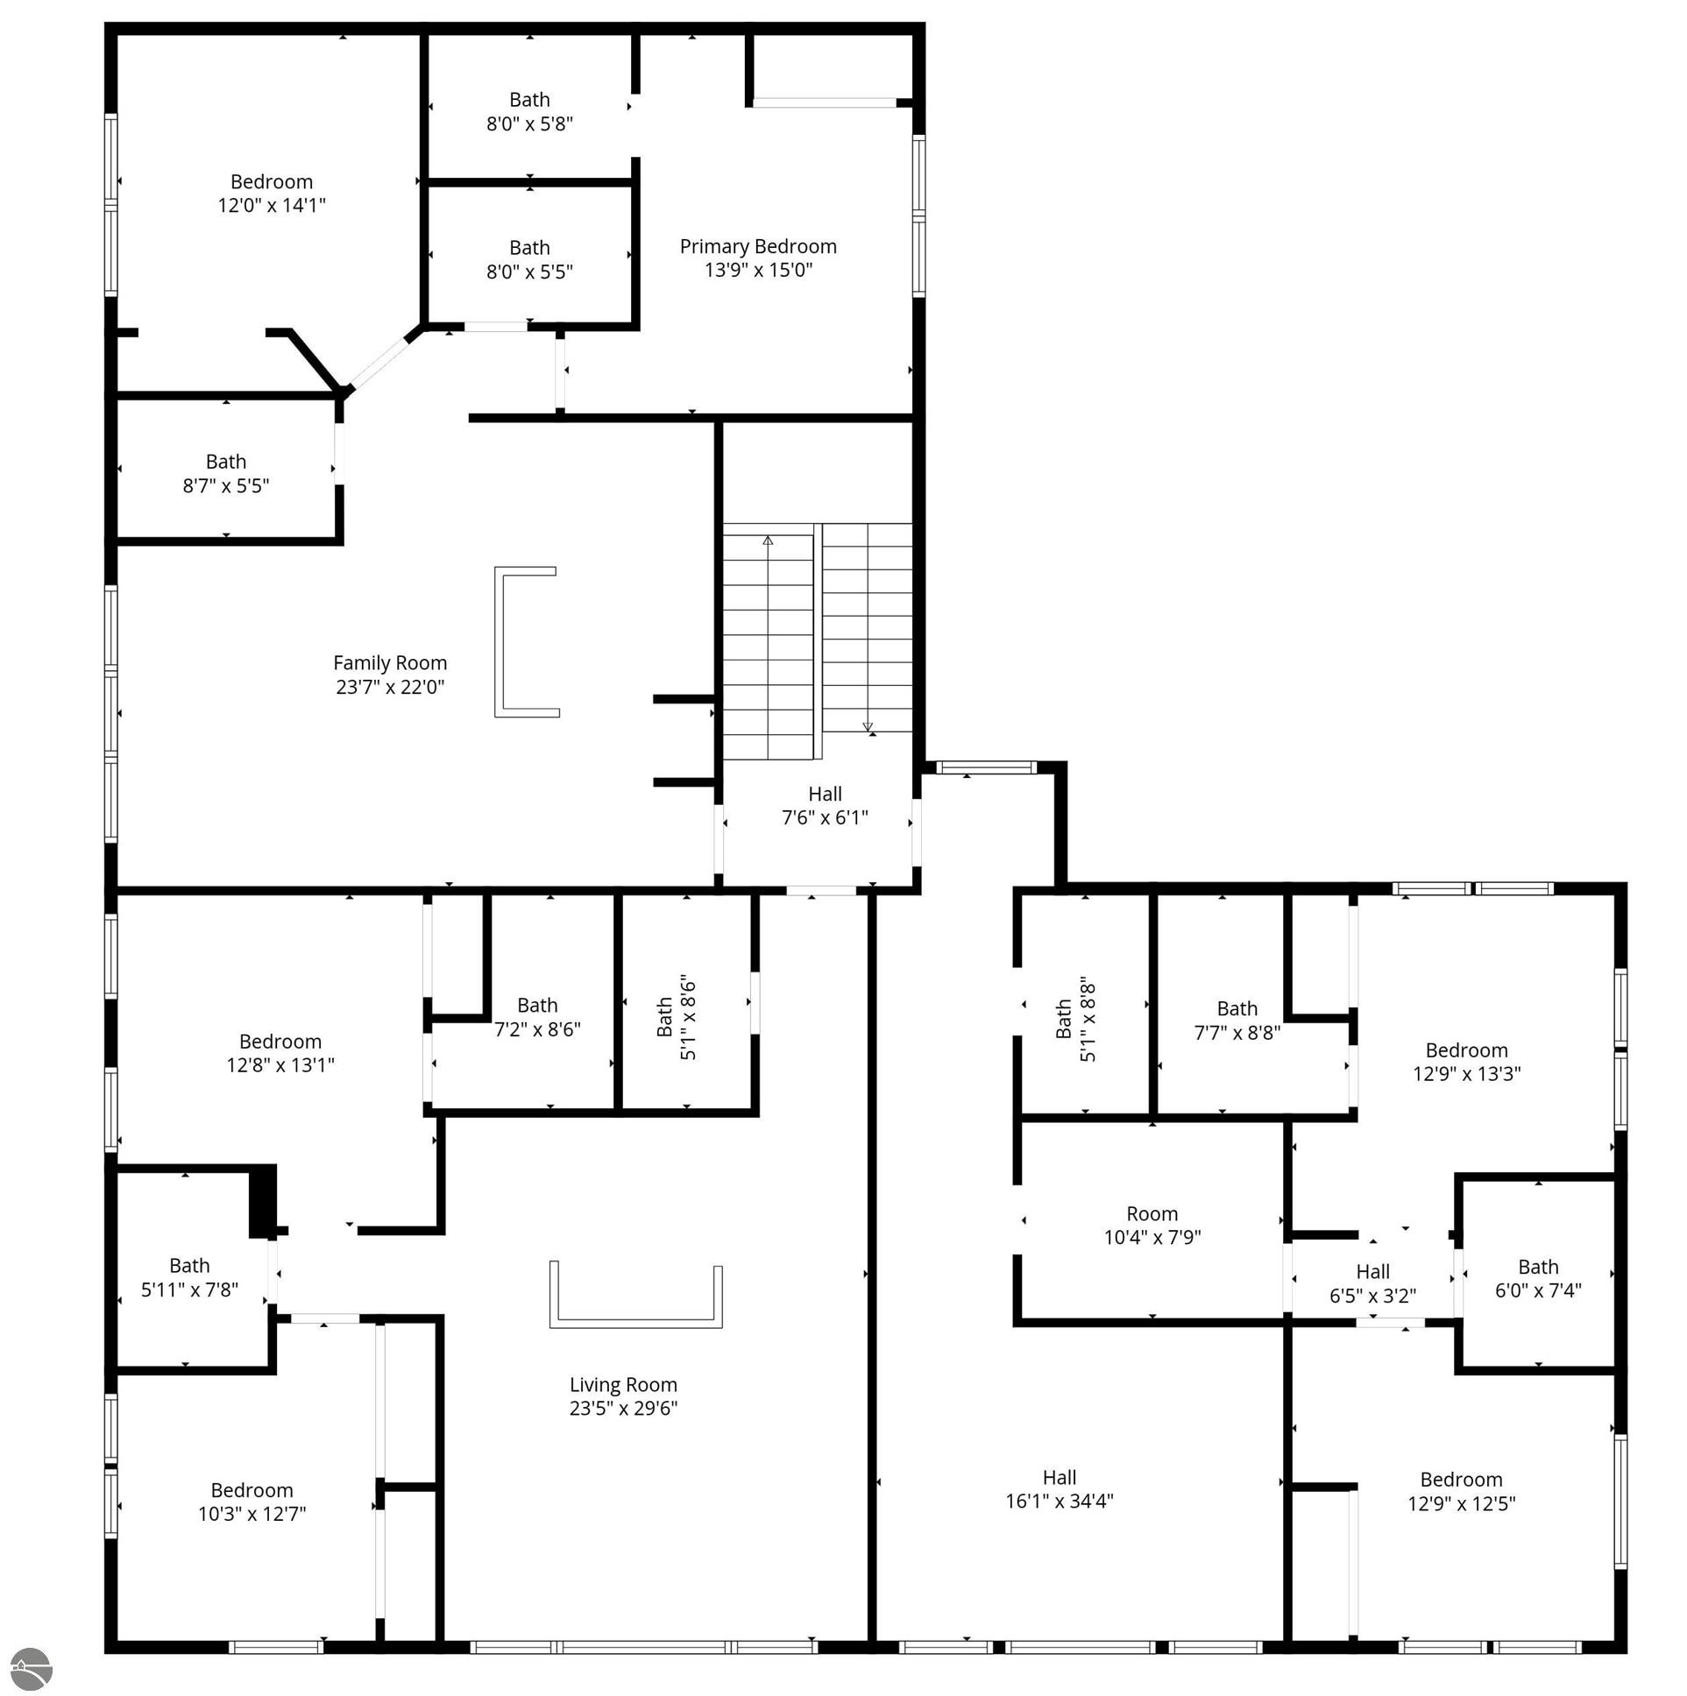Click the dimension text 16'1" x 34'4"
click(1060, 1502)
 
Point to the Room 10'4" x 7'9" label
click(1152, 1226)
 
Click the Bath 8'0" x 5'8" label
click(529, 111)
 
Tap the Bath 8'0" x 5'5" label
click(529, 260)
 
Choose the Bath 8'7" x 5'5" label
click(226, 474)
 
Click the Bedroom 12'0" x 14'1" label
click(272, 193)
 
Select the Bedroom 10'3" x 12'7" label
click(252, 1502)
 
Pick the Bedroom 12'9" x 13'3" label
click(1465, 1063)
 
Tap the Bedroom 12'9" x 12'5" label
click(1461, 1492)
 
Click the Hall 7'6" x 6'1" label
click(825, 806)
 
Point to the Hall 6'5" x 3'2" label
click(1372, 1283)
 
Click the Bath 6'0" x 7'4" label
click(1538, 1278)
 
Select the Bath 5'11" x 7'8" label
click(189, 1277)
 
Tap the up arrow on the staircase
click(768, 541)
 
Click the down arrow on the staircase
click(868, 727)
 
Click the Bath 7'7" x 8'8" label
click(1237, 1021)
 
